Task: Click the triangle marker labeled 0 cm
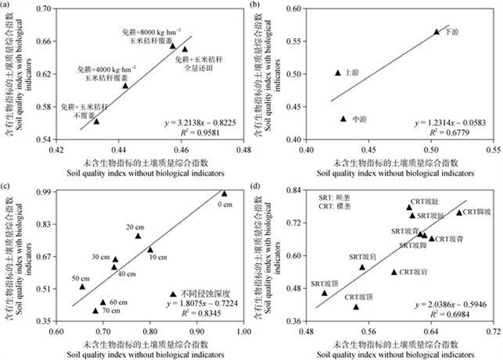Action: point(224,193)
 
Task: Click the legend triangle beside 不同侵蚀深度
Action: point(172,294)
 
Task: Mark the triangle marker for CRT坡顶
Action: point(356,307)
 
